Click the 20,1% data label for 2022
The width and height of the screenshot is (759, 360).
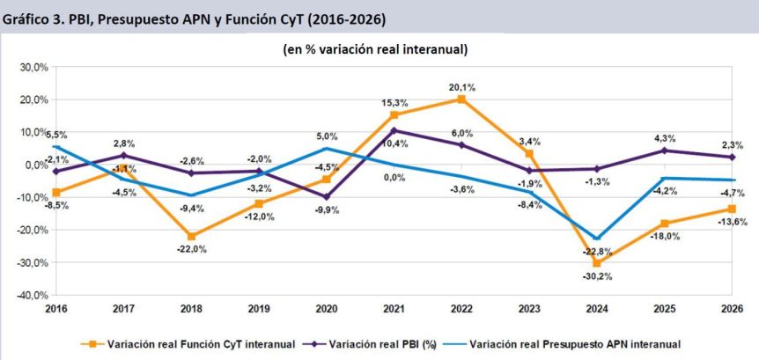462,87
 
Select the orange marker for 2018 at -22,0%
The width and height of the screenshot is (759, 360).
192,236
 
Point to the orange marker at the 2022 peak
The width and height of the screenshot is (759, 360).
461,99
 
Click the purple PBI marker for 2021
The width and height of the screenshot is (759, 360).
394,130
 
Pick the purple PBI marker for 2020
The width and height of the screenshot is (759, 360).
327,197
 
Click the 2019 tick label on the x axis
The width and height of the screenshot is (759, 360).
259,308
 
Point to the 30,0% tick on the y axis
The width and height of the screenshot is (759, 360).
33,67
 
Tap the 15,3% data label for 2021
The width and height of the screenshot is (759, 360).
394,103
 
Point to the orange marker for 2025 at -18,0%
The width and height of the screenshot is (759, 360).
664,224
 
